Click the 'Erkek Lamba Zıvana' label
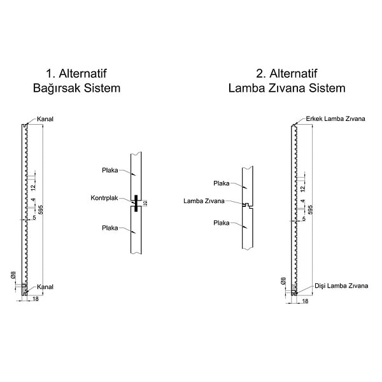coord(336,119)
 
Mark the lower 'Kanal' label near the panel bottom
coord(45,286)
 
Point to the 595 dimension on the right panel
coord(311,211)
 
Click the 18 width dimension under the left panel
coord(34,299)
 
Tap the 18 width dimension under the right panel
coord(304,301)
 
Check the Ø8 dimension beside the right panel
coord(283,280)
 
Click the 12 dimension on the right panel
coord(303,188)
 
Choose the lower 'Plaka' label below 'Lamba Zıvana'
coord(222,223)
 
